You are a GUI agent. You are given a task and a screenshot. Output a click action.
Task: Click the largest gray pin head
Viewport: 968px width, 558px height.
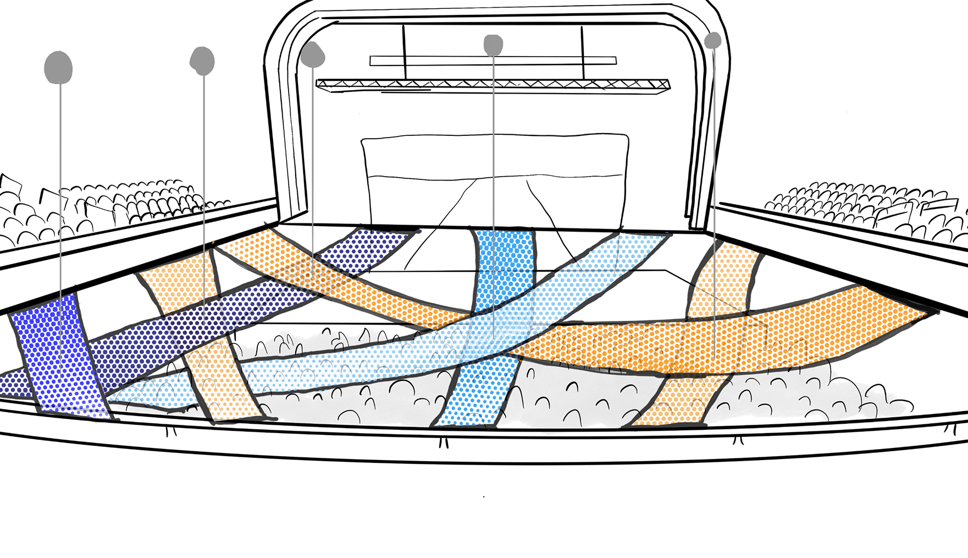coord(58,67)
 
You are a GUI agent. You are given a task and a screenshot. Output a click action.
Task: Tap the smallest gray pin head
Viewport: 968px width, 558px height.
coord(712,40)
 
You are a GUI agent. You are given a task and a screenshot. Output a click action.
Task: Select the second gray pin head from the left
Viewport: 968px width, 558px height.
coord(202,60)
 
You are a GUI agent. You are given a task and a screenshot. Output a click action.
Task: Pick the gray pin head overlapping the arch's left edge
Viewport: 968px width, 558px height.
coord(312,54)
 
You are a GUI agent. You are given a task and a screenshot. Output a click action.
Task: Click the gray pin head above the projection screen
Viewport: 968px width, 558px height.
coord(493,45)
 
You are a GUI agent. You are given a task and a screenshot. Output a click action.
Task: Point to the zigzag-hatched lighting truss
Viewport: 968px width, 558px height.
coord(493,84)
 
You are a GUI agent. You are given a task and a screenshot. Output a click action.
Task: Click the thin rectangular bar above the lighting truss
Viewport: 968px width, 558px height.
coord(493,61)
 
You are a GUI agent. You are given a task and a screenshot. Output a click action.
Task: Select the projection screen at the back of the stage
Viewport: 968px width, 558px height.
coord(495,165)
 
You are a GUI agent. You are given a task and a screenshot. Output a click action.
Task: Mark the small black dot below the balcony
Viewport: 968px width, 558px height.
coord(484,496)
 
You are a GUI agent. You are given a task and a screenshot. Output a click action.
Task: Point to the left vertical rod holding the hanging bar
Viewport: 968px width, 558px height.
coord(405,52)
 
